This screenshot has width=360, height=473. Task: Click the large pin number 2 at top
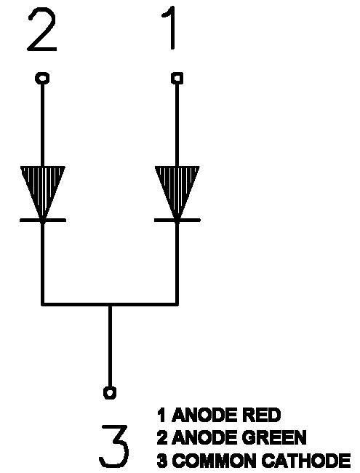coord(42,30)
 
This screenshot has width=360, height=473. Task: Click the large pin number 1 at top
coord(171,29)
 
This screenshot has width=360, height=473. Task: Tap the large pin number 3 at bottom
coord(113,446)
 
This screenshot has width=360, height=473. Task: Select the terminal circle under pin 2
coord(42,78)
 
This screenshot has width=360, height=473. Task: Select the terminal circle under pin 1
coord(177,78)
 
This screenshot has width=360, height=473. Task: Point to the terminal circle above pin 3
coord(110,392)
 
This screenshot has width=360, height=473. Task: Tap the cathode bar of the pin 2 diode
coord(42,220)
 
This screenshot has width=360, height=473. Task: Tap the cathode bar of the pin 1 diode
coord(177,220)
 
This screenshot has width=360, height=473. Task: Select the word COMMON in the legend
coord(215,461)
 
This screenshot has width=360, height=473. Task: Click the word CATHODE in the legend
coord(305,461)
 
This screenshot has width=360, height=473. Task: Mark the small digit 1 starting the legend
coord(162,415)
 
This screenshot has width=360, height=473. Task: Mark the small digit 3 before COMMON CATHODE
coord(162,461)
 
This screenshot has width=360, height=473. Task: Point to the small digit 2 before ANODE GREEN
coord(162,437)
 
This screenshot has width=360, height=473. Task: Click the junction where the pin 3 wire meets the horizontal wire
coord(110,303)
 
